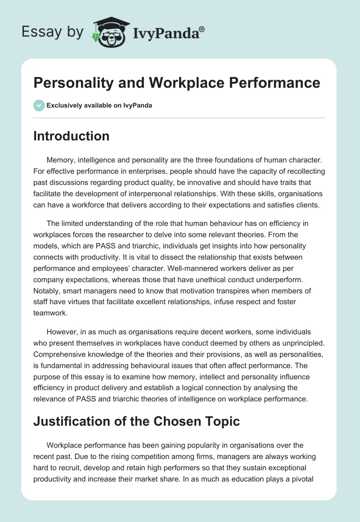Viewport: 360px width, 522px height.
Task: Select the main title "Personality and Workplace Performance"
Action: coord(177,83)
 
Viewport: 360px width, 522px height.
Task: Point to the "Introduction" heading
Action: coord(71,136)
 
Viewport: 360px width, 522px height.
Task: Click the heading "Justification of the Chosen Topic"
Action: coord(136,422)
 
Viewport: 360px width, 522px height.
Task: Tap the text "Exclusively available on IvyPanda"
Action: coord(99,105)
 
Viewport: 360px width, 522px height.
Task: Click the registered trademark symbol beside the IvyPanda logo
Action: coord(202,29)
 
